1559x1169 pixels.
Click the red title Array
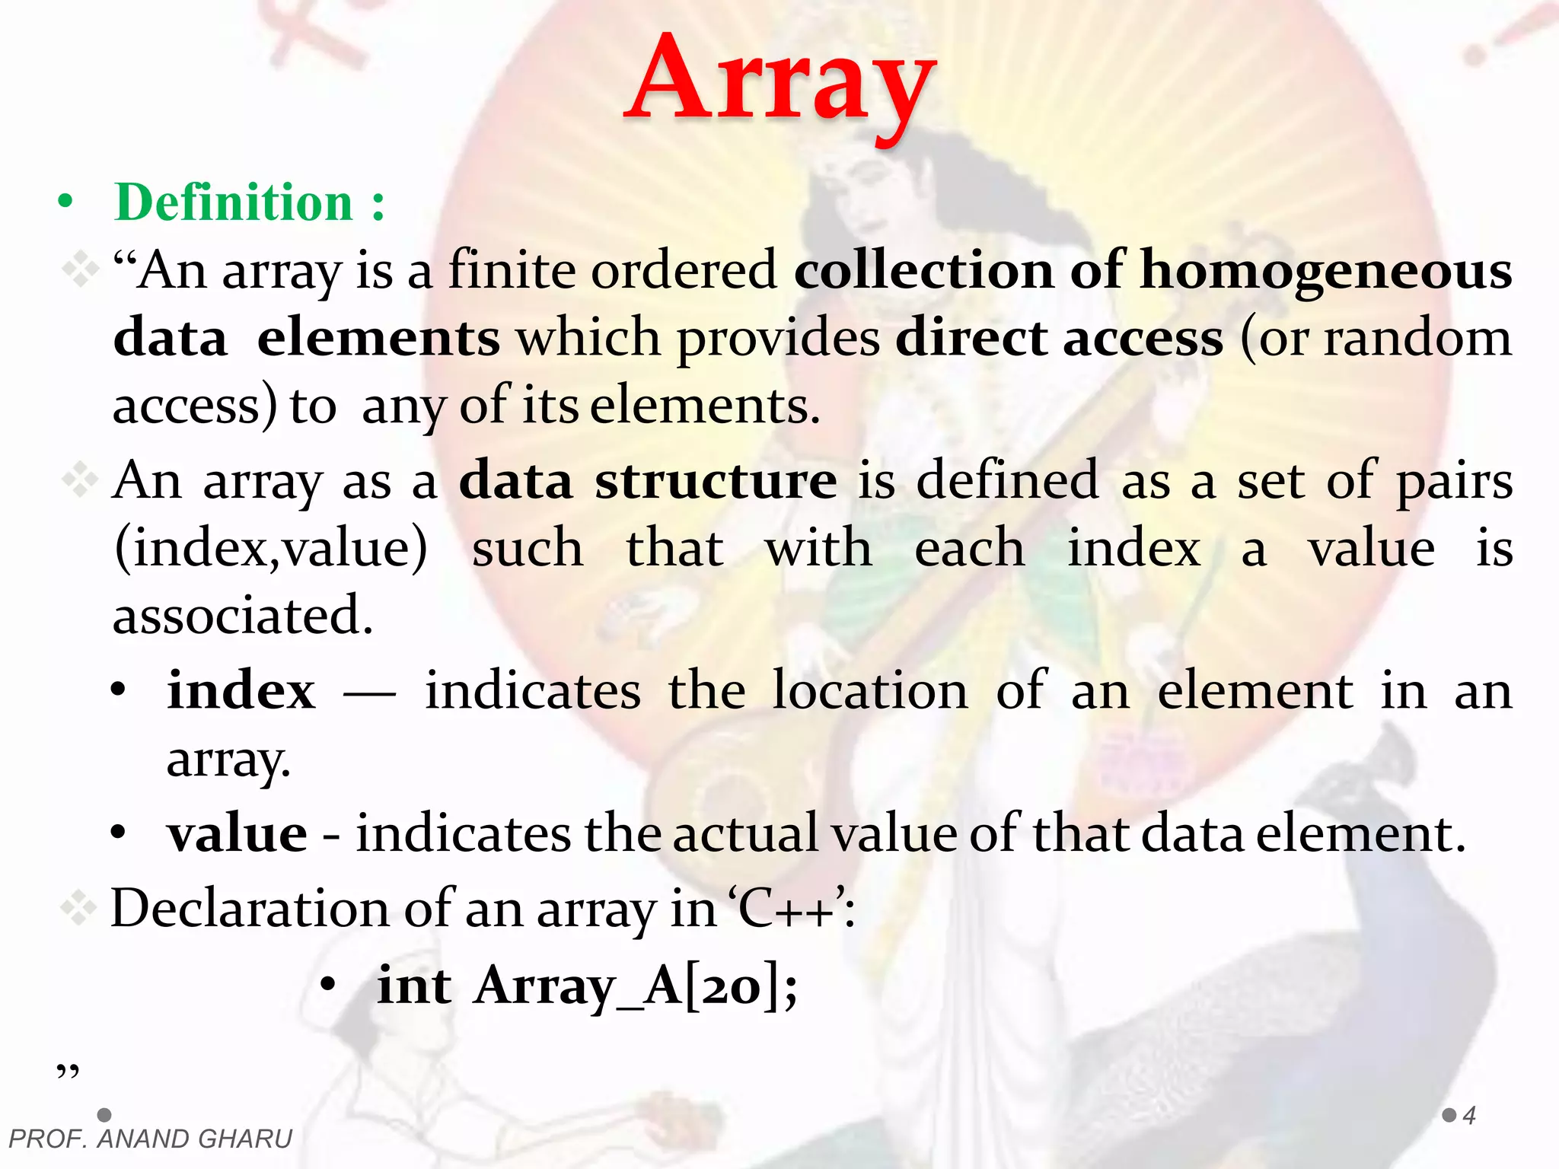(781, 80)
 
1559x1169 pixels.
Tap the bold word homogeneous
(1326, 272)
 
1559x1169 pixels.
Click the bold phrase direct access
(1059, 338)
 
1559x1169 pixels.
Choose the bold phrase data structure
(648, 481)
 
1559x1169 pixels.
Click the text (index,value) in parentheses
(271, 548)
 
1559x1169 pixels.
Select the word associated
(243, 615)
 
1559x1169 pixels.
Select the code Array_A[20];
(636, 986)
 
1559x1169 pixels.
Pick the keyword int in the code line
(414, 986)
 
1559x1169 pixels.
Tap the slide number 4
(1469, 1116)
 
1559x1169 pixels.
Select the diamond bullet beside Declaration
(79, 909)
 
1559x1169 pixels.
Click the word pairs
(1454, 481)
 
